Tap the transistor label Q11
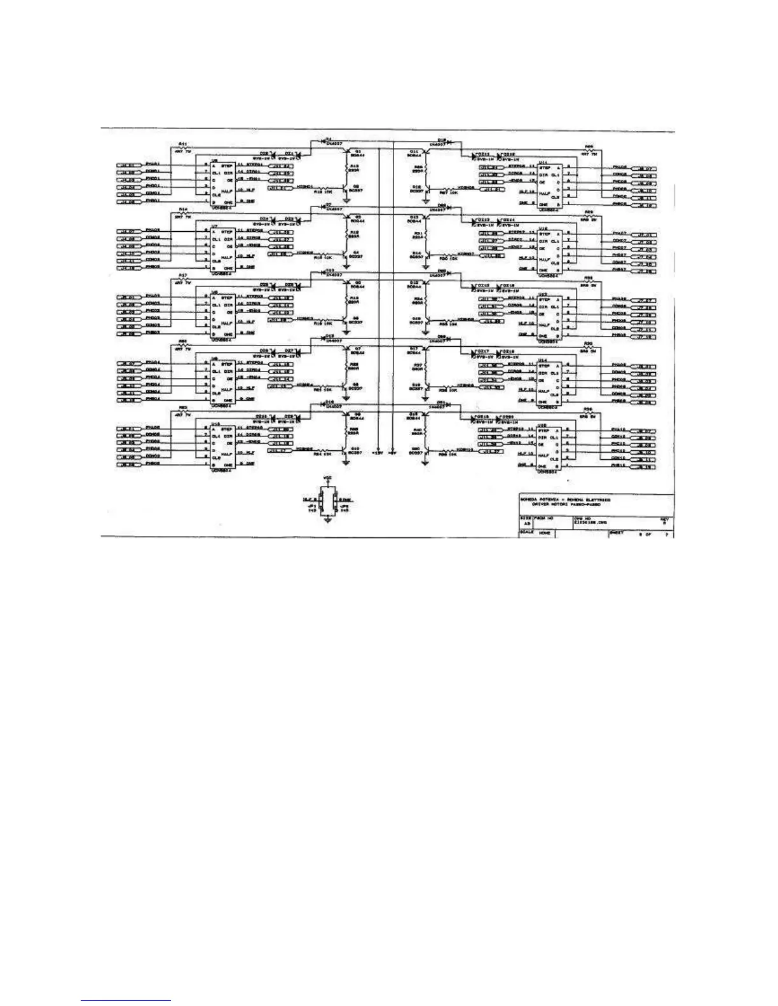(x=414, y=152)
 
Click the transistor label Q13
(x=414, y=217)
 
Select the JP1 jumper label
(x=311, y=506)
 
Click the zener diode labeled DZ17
(x=483, y=351)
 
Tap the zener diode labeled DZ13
(x=483, y=219)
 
